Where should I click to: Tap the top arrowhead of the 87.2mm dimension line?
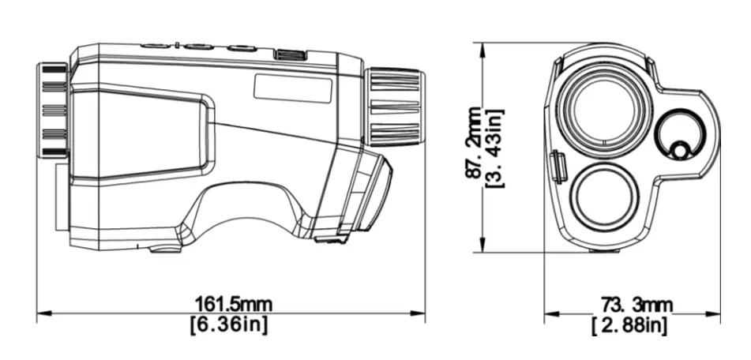(x=482, y=48)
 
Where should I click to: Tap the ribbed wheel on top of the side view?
(x=290, y=54)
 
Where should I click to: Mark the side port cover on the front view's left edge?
(x=558, y=167)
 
